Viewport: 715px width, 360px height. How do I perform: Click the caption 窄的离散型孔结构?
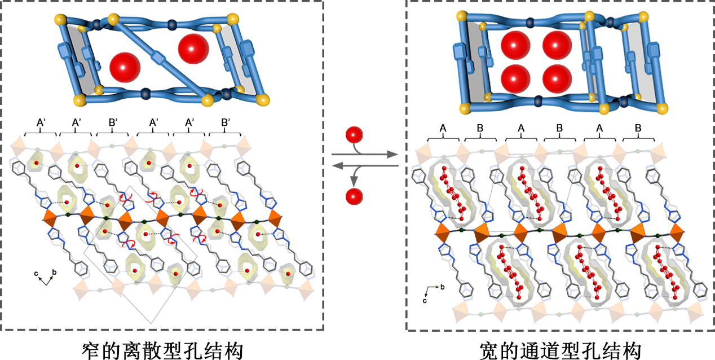[162, 350]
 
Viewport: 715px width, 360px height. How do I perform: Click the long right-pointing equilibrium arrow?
[364, 154]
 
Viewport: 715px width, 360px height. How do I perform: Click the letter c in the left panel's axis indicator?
[36, 274]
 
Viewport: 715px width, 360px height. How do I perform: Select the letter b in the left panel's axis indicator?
[54, 273]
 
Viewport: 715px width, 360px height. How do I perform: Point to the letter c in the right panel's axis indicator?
[425, 300]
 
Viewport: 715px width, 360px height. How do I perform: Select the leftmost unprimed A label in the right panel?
[443, 129]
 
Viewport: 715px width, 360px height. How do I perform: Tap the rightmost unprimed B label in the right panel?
[638, 129]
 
